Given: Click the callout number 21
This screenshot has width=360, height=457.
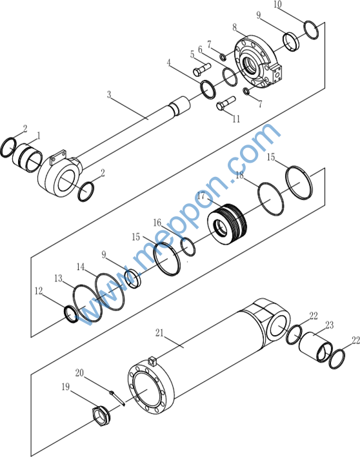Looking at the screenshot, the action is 159,332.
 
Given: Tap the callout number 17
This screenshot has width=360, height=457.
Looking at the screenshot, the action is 201,196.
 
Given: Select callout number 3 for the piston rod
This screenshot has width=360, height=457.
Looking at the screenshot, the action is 108,94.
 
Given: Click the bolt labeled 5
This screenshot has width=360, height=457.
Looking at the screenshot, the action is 201,69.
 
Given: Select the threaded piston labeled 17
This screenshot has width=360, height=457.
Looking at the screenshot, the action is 228,225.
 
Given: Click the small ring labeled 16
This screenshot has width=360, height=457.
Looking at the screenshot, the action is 188,247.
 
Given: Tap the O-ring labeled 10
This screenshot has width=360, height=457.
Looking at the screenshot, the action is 311,30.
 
